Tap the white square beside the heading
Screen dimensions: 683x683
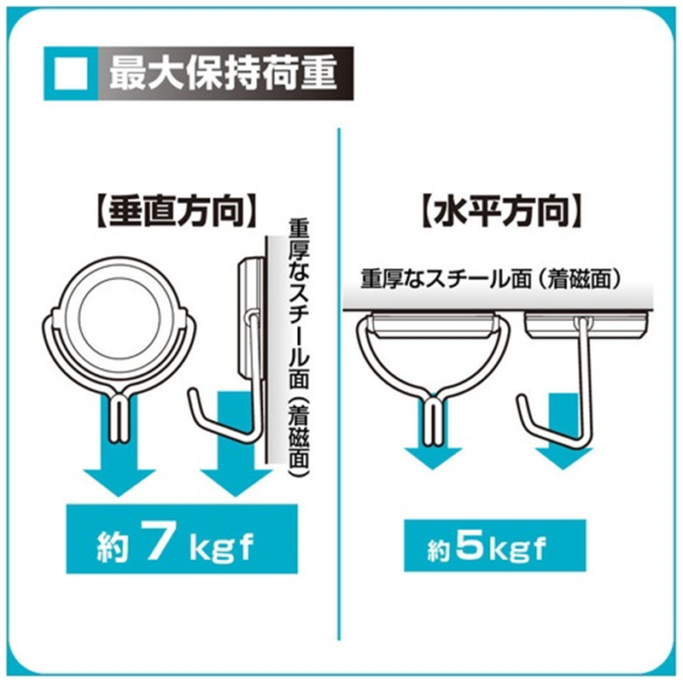71,73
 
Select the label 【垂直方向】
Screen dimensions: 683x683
175,213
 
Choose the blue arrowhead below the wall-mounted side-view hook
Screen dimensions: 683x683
236,482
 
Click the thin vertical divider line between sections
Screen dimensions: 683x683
338,383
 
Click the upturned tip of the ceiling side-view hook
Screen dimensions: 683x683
521,399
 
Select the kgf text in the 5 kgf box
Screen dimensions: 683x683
517,550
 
